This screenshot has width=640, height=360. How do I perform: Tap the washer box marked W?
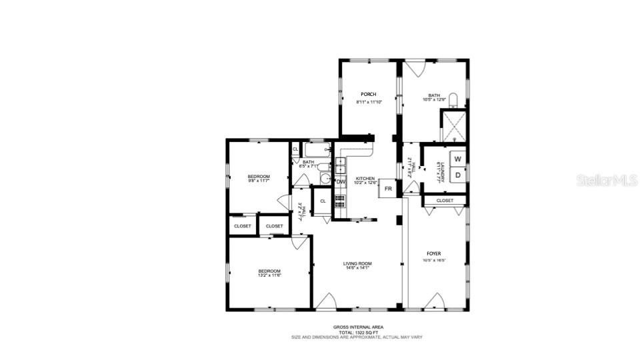(x=457, y=159)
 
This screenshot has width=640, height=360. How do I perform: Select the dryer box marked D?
(x=457, y=175)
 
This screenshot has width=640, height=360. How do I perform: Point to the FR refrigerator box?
(x=387, y=189)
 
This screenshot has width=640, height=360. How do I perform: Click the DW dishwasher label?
(x=341, y=181)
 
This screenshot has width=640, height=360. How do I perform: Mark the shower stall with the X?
(x=453, y=127)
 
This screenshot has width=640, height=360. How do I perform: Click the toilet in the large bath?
(x=453, y=101)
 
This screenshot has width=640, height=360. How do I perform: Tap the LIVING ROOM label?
(x=357, y=263)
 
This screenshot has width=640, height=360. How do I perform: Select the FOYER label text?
(x=433, y=253)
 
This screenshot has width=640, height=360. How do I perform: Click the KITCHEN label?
(x=365, y=178)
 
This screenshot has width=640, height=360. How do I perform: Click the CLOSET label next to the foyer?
(x=445, y=200)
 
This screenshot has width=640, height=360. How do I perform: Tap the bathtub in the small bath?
(x=317, y=151)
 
